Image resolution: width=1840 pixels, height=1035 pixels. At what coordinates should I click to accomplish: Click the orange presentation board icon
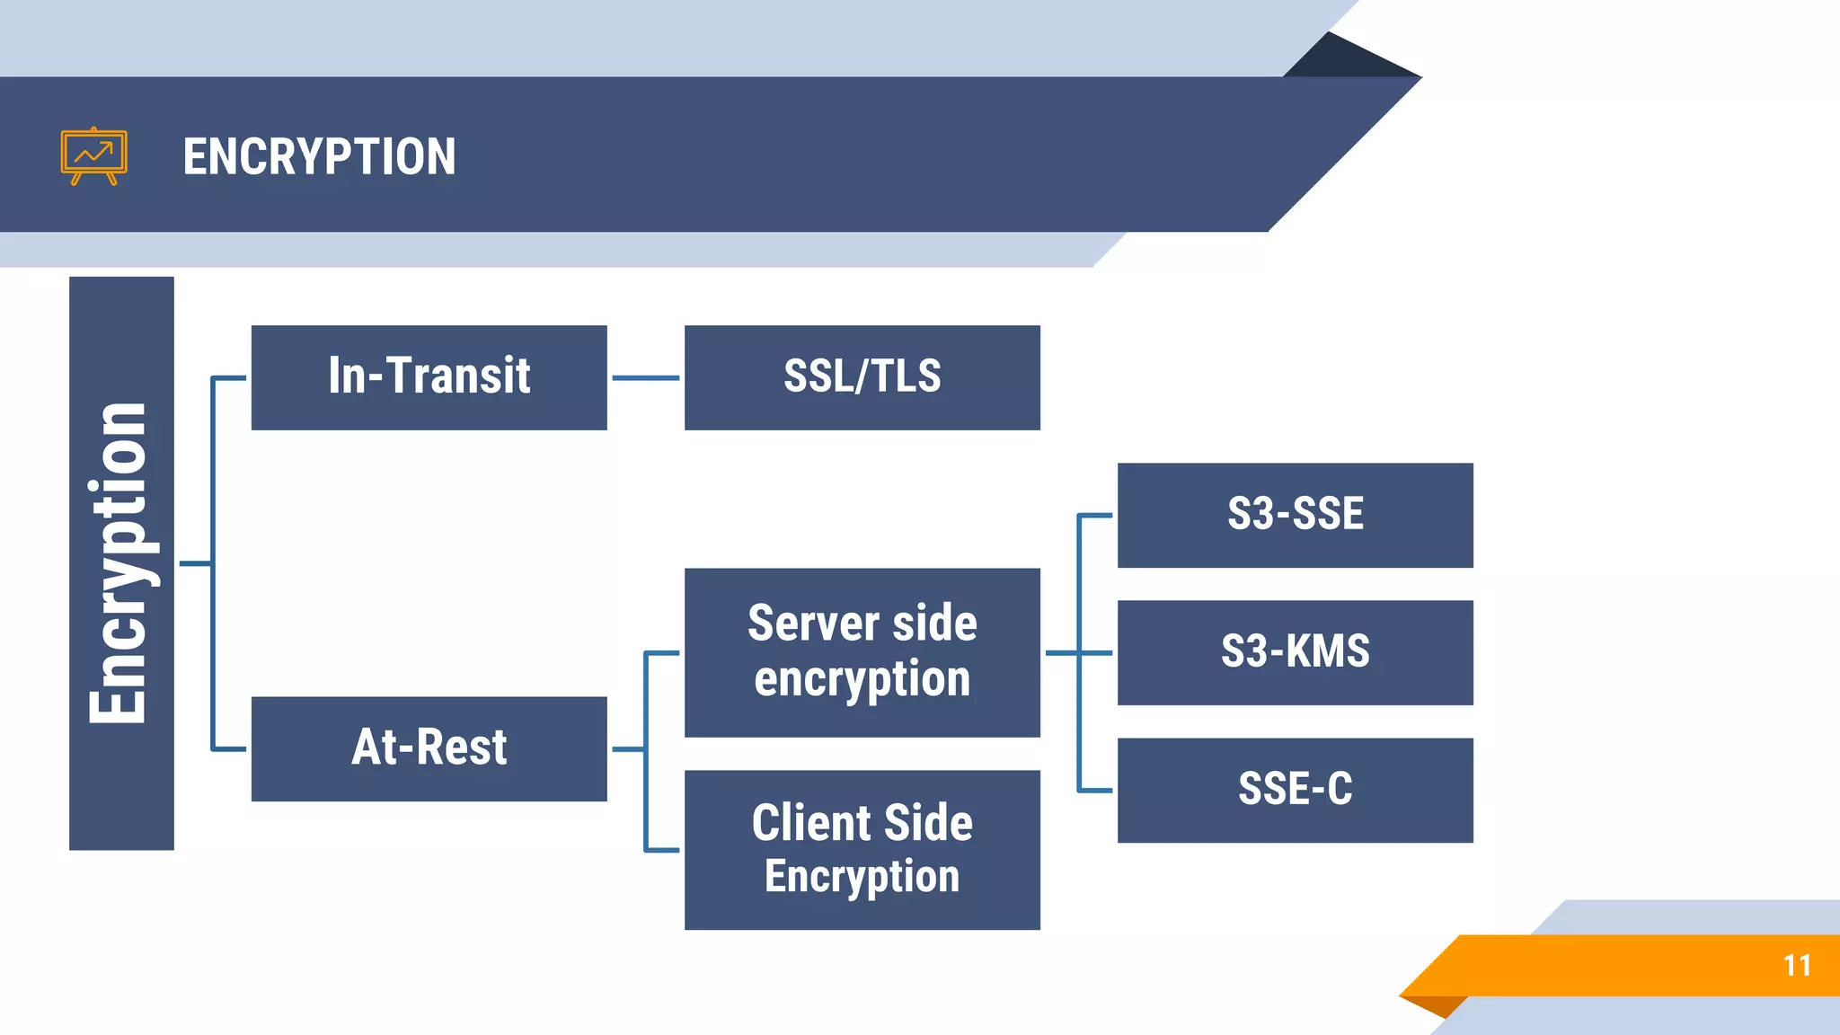(x=93, y=156)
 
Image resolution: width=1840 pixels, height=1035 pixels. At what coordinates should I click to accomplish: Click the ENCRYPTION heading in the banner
(x=319, y=157)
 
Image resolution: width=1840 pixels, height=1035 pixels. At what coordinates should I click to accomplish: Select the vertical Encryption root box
(x=121, y=563)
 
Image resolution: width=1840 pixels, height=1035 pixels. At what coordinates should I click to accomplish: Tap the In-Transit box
(x=429, y=377)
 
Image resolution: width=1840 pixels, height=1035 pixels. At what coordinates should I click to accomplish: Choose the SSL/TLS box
(x=862, y=377)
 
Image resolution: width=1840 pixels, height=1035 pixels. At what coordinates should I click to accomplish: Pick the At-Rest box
(x=429, y=748)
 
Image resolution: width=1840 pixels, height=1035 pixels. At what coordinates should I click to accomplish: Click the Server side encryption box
(x=862, y=652)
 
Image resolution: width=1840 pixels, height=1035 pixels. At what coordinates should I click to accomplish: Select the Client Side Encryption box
(x=862, y=849)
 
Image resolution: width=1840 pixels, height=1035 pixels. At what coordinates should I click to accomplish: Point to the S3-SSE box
(x=1295, y=515)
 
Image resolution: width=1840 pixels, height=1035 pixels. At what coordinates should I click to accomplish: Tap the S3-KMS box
(x=1295, y=652)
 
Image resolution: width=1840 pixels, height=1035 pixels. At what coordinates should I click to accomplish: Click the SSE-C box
(x=1295, y=790)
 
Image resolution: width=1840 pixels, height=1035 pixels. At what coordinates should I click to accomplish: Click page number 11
(x=1797, y=966)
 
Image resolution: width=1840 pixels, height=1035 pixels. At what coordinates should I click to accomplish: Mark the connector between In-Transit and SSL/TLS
(x=645, y=378)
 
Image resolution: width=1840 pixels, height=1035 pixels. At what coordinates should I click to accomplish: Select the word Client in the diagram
(x=811, y=823)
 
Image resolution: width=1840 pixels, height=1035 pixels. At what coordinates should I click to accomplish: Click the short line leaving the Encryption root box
(x=195, y=563)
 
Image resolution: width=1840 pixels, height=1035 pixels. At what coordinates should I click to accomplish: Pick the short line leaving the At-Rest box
(x=628, y=748)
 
